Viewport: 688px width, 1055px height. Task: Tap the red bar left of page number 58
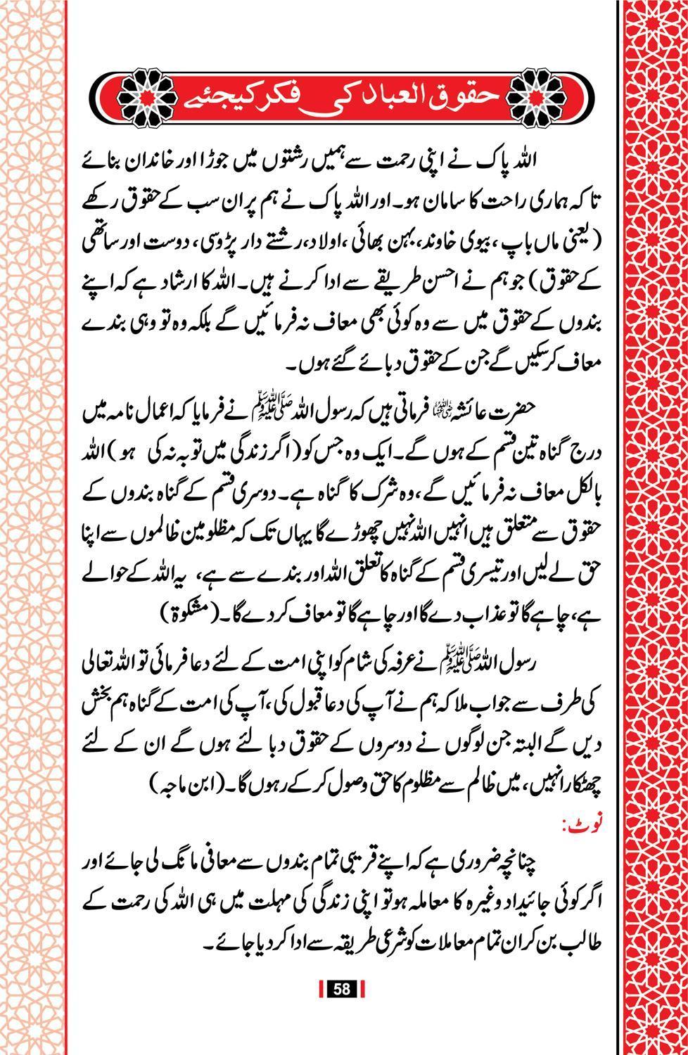(x=321, y=989)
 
